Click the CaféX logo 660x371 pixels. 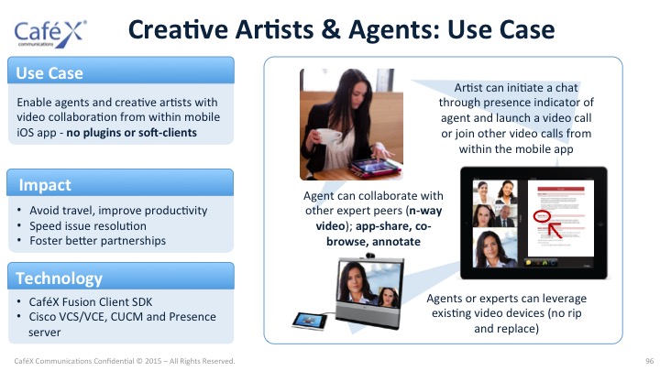(x=50, y=33)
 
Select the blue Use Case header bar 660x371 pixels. (x=121, y=71)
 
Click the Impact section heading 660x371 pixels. (x=45, y=185)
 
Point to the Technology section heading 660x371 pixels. (x=59, y=278)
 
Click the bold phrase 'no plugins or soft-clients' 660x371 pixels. (x=131, y=133)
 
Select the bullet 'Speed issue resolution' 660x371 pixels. (x=88, y=226)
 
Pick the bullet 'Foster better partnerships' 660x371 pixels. (x=98, y=241)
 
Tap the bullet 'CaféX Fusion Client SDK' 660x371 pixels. (x=91, y=302)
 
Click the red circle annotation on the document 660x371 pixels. (x=542, y=216)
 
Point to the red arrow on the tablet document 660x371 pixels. (x=555, y=231)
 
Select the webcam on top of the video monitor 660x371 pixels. (x=370, y=256)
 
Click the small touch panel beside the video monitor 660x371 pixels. (x=310, y=321)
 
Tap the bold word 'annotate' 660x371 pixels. (x=396, y=242)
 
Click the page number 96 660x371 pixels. (x=650, y=361)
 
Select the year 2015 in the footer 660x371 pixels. (x=153, y=361)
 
